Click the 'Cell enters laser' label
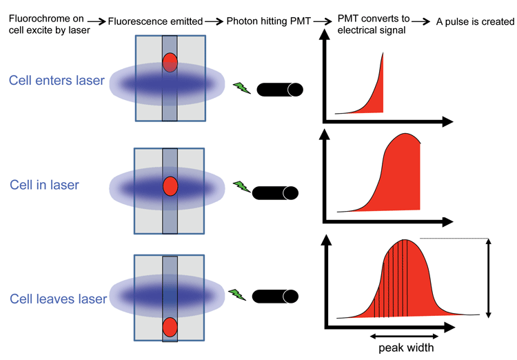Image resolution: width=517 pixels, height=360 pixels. [57, 81]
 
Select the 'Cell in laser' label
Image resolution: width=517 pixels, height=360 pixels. [44, 185]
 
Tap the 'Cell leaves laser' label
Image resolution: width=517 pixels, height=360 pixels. [58, 299]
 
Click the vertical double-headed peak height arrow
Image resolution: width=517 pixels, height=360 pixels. [488, 278]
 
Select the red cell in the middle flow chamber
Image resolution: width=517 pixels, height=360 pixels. [170, 186]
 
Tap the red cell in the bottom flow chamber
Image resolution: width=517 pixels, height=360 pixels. [170, 326]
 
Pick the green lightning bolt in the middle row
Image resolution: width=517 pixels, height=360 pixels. [241, 186]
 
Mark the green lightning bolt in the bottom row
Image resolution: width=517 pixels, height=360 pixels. [236, 294]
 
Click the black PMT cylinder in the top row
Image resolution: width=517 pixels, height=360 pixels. [279, 90]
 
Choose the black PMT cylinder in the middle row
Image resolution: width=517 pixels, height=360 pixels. [275, 192]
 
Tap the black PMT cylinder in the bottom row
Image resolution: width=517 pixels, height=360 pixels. [276, 297]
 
